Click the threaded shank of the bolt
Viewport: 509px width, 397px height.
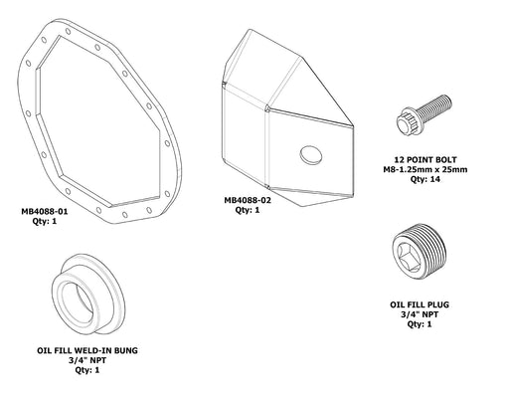coord(441,106)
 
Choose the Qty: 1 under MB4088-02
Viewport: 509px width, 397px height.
coord(248,210)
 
